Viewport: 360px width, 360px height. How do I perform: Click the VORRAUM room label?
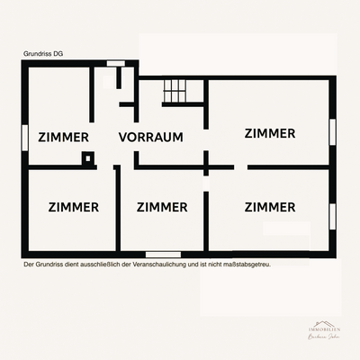[x=151, y=138]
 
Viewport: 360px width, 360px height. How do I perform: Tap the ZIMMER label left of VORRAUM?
[x=64, y=138]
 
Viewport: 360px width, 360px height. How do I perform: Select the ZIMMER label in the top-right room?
[x=269, y=133]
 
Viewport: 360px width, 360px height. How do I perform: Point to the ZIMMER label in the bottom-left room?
[x=73, y=207]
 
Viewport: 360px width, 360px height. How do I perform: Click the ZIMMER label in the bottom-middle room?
[x=162, y=207]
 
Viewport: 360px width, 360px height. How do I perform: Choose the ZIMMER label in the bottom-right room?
[x=269, y=207]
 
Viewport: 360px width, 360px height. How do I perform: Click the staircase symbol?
[x=174, y=90]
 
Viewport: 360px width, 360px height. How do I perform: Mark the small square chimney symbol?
[x=87, y=160]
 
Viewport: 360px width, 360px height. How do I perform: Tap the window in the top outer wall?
[x=115, y=63]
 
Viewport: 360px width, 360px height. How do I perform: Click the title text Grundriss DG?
[x=43, y=54]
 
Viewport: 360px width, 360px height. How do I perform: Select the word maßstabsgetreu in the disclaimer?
[x=248, y=265]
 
